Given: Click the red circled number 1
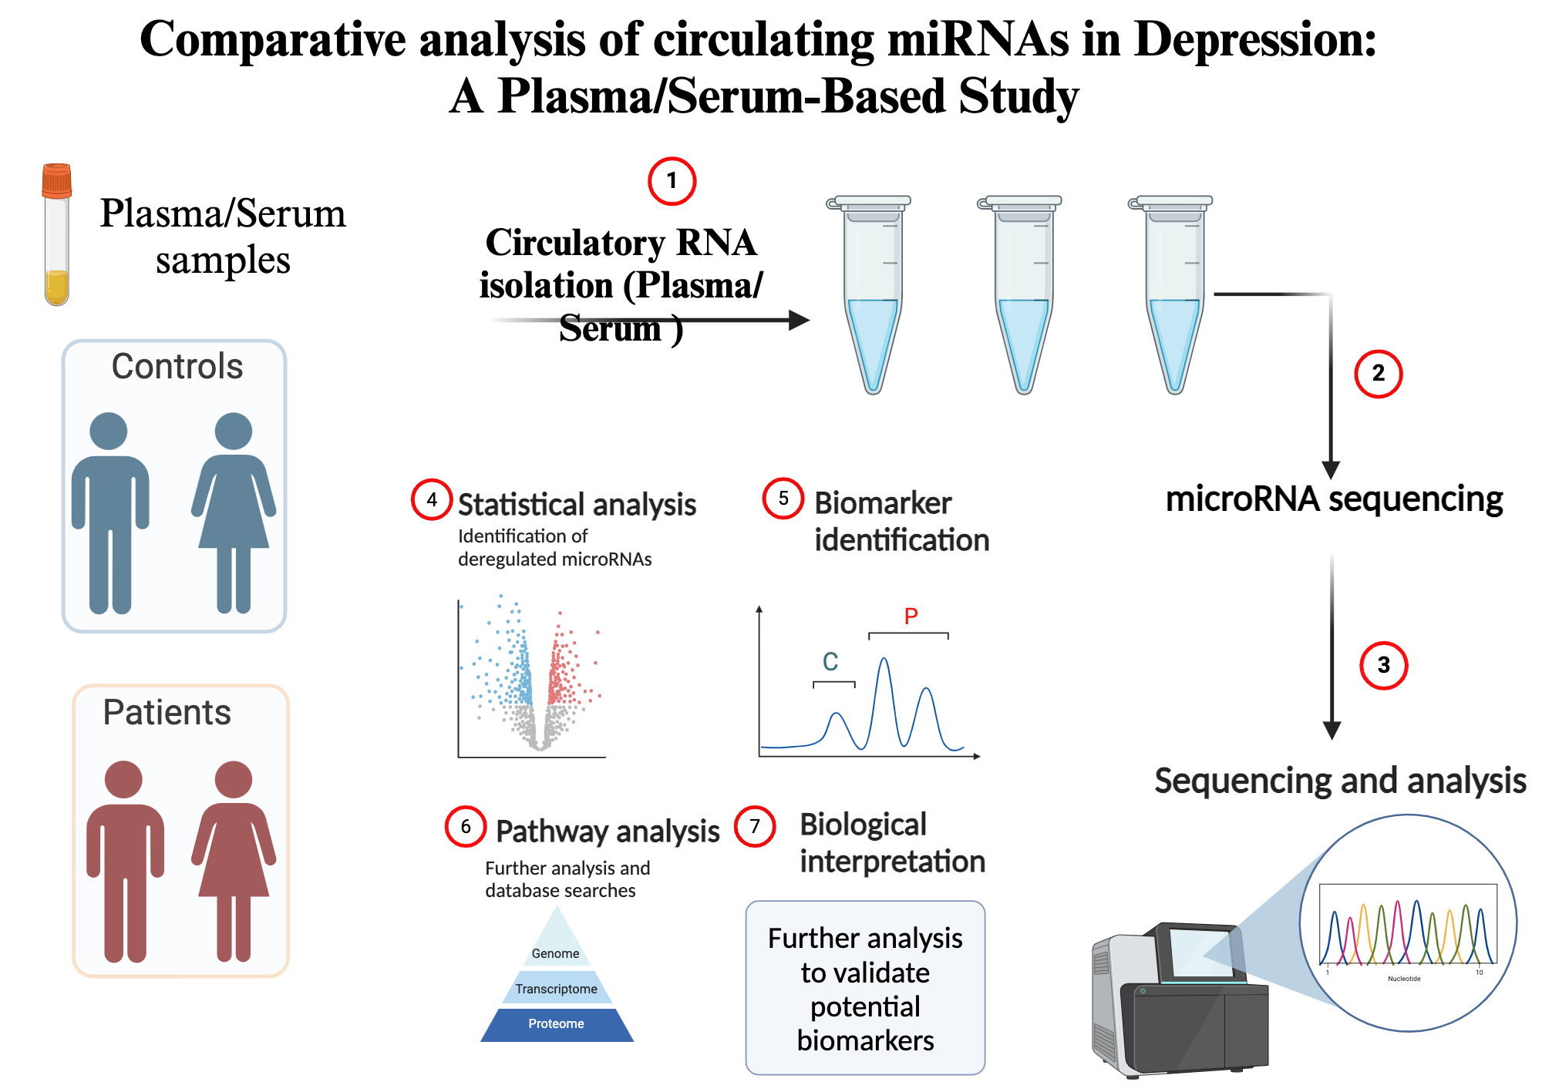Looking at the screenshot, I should click(x=672, y=181).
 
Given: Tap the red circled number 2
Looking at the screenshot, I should click(x=1378, y=374).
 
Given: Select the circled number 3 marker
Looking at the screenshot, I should click(x=1383, y=665).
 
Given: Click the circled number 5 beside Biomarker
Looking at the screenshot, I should click(x=783, y=499).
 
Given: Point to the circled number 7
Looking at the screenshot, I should click(x=755, y=827).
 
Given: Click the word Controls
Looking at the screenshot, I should click(x=177, y=366).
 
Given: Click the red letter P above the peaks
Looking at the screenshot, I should click(x=911, y=616).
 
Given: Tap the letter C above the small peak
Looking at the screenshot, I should click(x=830, y=662).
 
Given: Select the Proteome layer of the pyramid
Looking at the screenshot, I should click(x=557, y=1024).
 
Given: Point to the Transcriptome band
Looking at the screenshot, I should click(x=557, y=989).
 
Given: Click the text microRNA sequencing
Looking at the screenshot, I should click(x=1334, y=499).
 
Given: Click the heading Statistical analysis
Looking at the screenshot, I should click(x=577, y=505).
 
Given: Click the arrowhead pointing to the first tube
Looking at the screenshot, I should click(x=800, y=320).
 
